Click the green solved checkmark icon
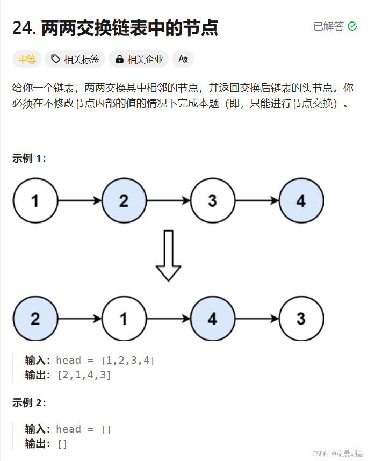pos(352,26)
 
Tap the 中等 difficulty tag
pos(27,60)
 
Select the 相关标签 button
pos(76,60)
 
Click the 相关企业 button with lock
pos(139,60)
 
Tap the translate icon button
pos(183,60)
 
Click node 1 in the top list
pos(35,201)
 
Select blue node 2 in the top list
pos(124,201)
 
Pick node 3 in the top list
pos(212,201)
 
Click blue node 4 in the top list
pos(301,201)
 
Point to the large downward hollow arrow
pos(168,256)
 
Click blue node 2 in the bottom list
pos(35,319)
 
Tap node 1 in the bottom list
pos(124,319)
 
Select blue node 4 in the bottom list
pos(212,319)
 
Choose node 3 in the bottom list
pos(301,319)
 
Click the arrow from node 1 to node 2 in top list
pos(80,201)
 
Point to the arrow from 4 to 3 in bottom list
pos(257,319)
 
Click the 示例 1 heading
pos(29,159)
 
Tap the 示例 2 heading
pos(29,403)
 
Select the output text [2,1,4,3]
pos(84,375)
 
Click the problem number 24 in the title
pos(24,28)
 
